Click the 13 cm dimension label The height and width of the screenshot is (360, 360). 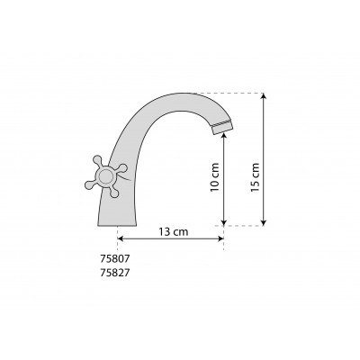click(174, 231)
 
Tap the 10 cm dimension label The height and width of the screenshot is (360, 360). click(215, 177)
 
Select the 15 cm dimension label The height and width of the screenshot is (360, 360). click(255, 177)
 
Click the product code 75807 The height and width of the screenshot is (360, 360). click(114, 258)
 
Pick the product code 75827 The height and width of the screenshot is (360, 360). click(114, 273)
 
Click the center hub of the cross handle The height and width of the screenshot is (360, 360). click(105, 176)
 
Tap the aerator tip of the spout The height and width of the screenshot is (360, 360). click(222, 128)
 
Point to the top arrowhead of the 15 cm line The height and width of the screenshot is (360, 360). click(264, 95)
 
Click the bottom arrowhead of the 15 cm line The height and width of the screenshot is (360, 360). click(264, 222)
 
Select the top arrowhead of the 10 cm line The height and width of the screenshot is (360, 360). click(224, 136)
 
